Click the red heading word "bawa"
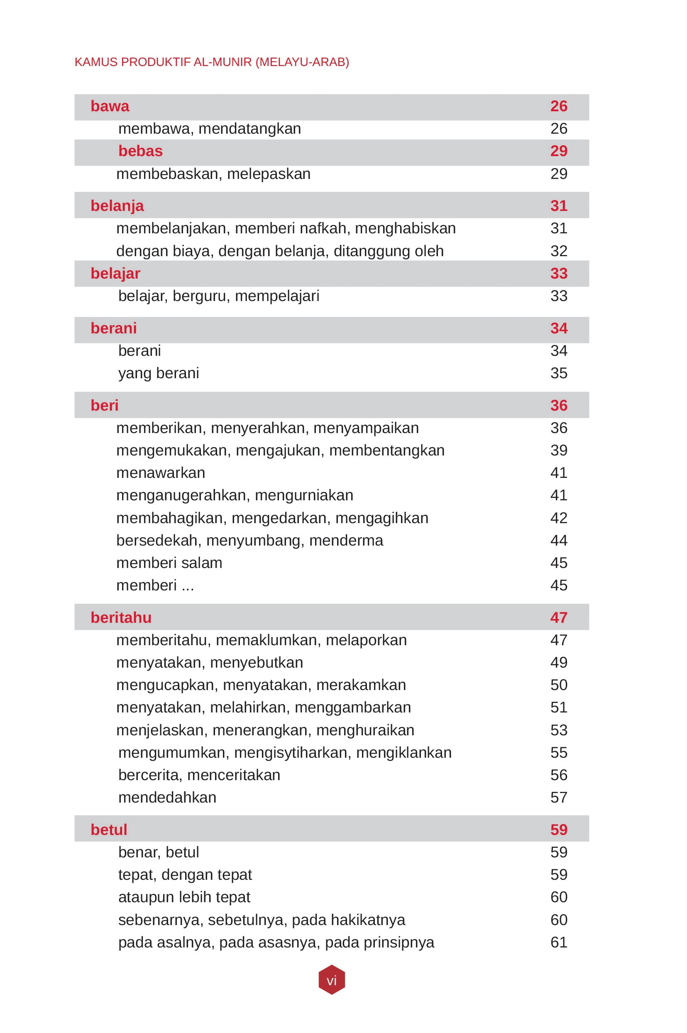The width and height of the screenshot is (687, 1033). pyautogui.click(x=110, y=107)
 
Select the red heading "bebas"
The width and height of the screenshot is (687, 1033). pyautogui.click(x=140, y=151)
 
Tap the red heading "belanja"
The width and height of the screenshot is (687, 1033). pyautogui.click(x=117, y=206)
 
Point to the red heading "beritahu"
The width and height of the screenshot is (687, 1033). pyautogui.click(x=121, y=617)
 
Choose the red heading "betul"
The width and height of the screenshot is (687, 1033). pyautogui.click(x=109, y=830)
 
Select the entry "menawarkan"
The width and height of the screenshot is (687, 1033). pyautogui.click(x=160, y=473)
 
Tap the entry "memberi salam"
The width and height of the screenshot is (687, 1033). pyautogui.click(x=169, y=563)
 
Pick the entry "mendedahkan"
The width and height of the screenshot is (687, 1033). pyautogui.click(x=167, y=797)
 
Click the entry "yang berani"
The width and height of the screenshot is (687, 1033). pyautogui.click(x=159, y=373)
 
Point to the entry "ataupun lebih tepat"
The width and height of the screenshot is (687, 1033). pyautogui.click(x=184, y=897)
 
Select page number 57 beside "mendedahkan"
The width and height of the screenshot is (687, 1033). pyautogui.click(x=559, y=797)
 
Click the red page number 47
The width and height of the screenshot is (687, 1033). pyautogui.click(x=559, y=617)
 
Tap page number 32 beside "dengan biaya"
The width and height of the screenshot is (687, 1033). pyautogui.click(x=559, y=251)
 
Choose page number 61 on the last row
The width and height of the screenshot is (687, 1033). pyautogui.click(x=559, y=942)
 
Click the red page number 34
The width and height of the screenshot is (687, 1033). pyautogui.click(x=559, y=328)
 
